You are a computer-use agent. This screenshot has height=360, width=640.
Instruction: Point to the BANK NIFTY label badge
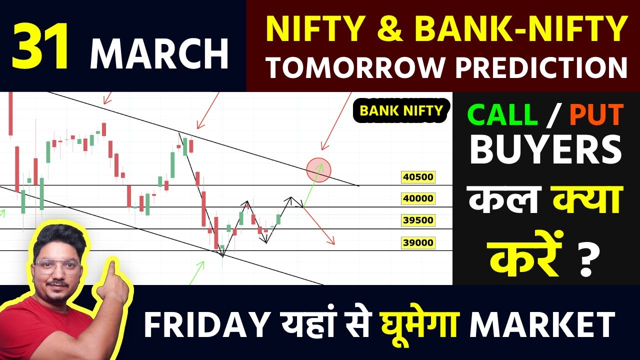tap(401, 110)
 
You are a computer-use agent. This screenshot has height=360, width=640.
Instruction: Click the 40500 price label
tap(418, 177)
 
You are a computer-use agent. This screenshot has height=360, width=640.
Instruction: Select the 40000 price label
tap(418, 198)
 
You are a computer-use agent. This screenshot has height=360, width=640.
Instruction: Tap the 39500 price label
tap(418, 220)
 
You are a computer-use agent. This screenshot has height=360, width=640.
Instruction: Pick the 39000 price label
tap(418, 243)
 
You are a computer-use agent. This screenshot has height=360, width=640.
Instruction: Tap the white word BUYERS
tap(546, 150)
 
